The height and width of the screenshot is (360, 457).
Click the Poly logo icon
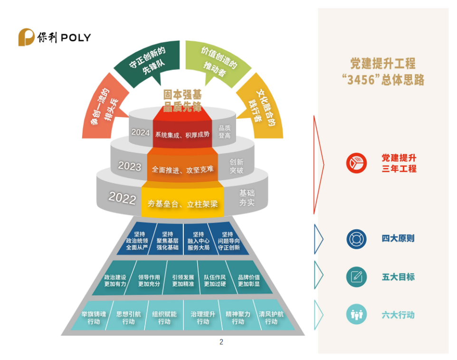click(27, 38)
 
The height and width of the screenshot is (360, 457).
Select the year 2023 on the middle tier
click(129, 166)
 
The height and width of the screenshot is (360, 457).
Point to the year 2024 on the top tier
click(141, 132)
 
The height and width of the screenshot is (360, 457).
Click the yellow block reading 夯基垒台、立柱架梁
click(183, 204)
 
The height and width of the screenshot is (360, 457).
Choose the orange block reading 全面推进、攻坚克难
click(182, 169)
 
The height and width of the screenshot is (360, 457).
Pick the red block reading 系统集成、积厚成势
click(182, 134)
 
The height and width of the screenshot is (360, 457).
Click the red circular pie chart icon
click(356, 163)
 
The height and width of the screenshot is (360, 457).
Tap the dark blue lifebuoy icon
click(356, 239)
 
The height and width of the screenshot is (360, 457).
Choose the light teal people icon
click(356, 314)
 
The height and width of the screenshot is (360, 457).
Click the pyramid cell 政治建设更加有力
click(115, 281)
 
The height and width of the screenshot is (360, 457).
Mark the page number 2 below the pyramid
click(221, 341)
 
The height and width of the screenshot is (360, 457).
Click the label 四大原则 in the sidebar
click(398, 238)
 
